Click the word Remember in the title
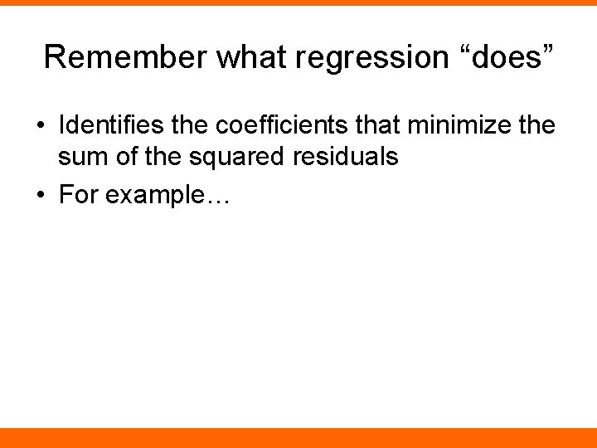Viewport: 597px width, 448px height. click(124, 56)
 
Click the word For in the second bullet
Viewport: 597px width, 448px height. click(77, 195)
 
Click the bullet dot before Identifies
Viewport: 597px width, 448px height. click(41, 127)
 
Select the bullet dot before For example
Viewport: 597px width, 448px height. click(41, 196)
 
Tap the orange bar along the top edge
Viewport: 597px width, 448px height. click(298, 2)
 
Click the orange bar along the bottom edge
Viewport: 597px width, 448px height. click(298, 438)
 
